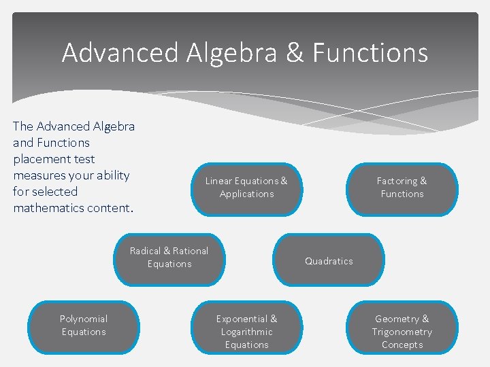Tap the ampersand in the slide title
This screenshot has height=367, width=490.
pyautogui.click(x=295, y=52)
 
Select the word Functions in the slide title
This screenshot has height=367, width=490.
pyautogui.click(x=370, y=52)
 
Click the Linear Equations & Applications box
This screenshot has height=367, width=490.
pyautogui.click(x=246, y=188)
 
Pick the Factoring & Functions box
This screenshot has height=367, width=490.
pyautogui.click(x=402, y=188)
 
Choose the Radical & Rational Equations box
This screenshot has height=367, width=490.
pyautogui.click(x=169, y=258)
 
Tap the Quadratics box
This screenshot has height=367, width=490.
pyautogui.click(x=329, y=261)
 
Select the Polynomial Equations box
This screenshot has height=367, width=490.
pyautogui.click(x=84, y=326)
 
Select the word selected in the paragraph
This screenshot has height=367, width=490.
pyautogui.click(x=54, y=192)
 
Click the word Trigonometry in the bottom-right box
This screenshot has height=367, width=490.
pyautogui.click(x=402, y=332)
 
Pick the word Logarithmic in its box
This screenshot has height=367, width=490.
pyautogui.click(x=246, y=332)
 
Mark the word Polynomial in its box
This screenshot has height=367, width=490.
pyautogui.click(x=84, y=319)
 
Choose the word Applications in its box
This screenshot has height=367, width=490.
pyautogui.click(x=246, y=194)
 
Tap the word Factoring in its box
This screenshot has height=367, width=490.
pyautogui.click(x=397, y=181)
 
